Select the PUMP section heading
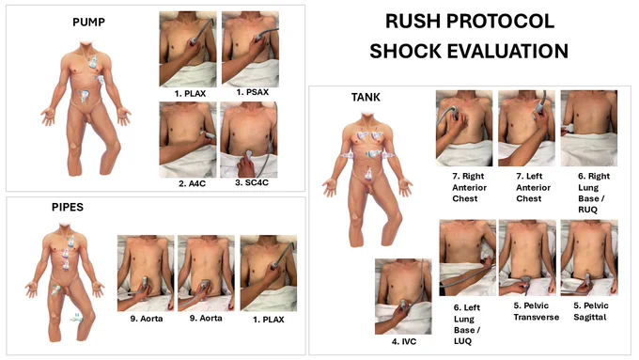[88, 22]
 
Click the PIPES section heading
[68, 207]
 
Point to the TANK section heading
[366, 97]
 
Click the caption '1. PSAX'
[252, 92]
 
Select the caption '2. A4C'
[192, 183]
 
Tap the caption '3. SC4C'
[252, 182]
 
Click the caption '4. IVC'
[404, 341]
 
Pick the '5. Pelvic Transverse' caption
[536, 311]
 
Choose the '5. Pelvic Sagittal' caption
[591, 311]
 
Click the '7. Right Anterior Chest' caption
[469, 188]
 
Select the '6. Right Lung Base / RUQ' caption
[594, 193]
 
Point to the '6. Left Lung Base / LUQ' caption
[467, 324]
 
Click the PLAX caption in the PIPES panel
[269, 320]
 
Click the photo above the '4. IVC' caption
[403, 296]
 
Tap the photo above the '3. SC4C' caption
[249, 139]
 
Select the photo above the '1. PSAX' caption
[250, 49]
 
